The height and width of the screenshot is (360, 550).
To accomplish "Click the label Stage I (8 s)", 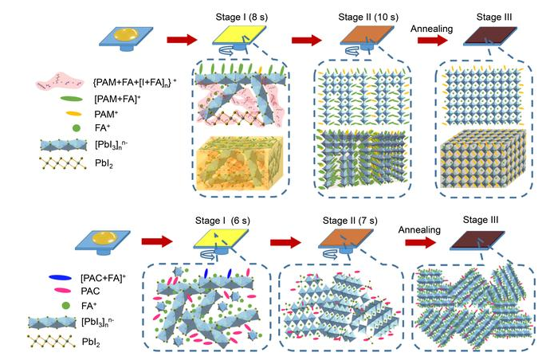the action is (x=242, y=17).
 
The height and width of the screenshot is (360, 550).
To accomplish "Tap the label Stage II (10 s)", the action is (x=368, y=17).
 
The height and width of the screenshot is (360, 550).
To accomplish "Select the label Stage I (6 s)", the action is (x=222, y=221).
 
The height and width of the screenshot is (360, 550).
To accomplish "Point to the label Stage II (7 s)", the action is (x=350, y=221).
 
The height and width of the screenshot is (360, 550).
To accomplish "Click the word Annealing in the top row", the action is (x=431, y=29).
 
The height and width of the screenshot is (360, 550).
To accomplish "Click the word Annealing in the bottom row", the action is (x=419, y=230).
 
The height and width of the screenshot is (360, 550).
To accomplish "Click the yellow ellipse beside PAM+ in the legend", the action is (x=73, y=114).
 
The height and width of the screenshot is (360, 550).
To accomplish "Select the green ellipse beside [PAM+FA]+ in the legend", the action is (x=72, y=100).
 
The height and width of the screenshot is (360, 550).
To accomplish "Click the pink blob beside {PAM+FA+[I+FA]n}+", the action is (x=60, y=83).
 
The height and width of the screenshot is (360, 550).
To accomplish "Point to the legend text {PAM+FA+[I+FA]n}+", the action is (x=135, y=82).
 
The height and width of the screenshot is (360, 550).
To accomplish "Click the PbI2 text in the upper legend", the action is (x=104, y=163).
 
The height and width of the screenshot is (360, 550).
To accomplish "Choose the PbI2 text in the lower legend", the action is (x=91, y=342).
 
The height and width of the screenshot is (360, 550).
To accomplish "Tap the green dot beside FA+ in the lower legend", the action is (x=65, y=306).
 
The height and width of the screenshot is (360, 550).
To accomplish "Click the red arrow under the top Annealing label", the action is (x=433, y=41).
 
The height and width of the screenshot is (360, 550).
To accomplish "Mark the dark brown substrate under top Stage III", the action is (x=490, y=37).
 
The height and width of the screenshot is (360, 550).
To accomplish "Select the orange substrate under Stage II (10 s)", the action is (x=367, y=35).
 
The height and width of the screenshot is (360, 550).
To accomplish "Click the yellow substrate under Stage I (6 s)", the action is (x=221, y=238).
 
